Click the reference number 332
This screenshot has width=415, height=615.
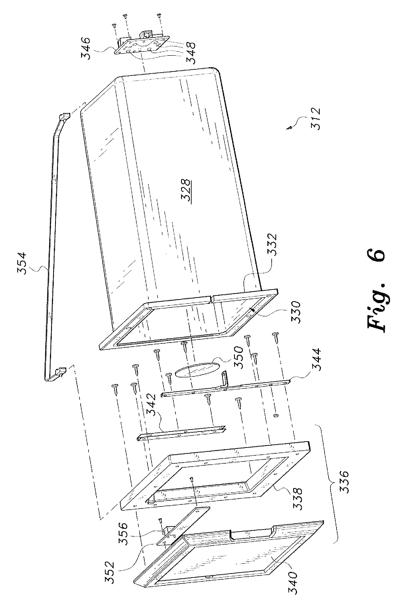click(272, 245)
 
